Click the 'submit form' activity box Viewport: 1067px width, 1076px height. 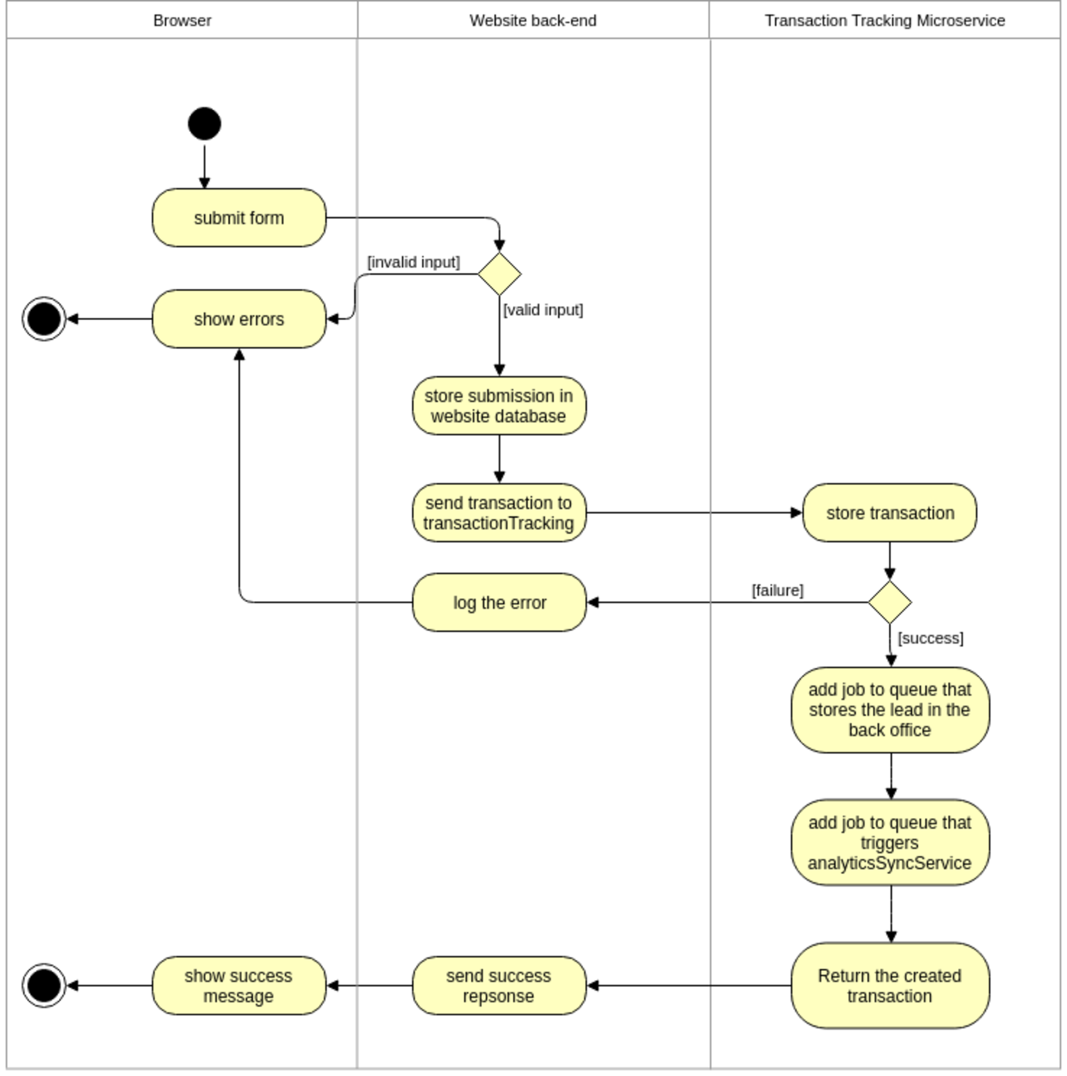[x=239, y=218]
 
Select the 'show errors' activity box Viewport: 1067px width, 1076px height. [x=239, y=319]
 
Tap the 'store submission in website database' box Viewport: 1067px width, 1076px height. [x=499, y=406]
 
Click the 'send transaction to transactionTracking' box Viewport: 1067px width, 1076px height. [x=499, y=513]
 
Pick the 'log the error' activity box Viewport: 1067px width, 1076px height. [x=499, y=602]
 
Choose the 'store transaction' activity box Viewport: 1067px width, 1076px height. [x=890, y=513]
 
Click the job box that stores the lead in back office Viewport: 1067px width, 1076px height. [x=890, y=710]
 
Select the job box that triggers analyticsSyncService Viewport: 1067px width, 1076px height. [x=890, y=842]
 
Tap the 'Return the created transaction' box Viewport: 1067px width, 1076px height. [x=890, y=986]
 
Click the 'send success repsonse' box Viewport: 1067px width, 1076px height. [x=499, y=986]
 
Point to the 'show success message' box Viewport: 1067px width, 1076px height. [x=239, y=986]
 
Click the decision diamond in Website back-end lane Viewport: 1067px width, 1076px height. [x=499, y=274]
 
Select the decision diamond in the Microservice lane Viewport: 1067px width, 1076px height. [x=890, y=602]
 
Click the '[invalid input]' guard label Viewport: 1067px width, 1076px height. [x=413, y=262]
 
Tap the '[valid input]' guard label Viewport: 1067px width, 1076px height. [x=543, y=310]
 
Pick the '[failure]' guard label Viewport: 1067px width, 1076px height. [x=777, y=590]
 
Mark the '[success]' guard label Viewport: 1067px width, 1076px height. [x=930, y=638]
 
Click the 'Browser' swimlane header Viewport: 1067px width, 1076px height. [x=182, y=21]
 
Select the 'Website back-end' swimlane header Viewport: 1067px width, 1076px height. [x=533, y=21]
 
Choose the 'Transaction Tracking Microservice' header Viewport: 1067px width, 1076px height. [x=884, y=21]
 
